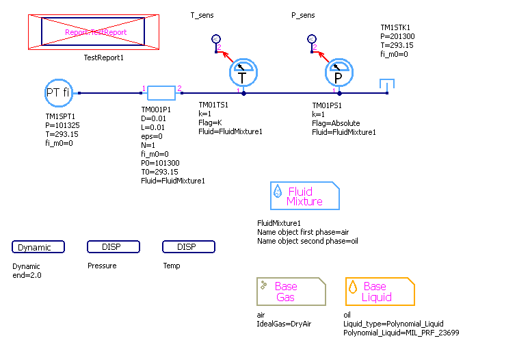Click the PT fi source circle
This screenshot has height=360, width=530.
click(58, 92)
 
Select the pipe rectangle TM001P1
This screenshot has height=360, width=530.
click(161, 92)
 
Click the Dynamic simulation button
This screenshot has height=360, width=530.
click(38, 247)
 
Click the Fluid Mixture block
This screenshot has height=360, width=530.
click(305, 196)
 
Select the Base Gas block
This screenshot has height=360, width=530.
click(291, 292)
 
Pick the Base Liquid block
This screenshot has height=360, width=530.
click(380, 292)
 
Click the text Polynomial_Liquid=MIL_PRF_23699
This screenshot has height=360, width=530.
click(401, 333)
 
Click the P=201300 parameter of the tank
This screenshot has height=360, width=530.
click(397, 37)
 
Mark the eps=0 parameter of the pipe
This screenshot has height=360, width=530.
click(152, 136)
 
